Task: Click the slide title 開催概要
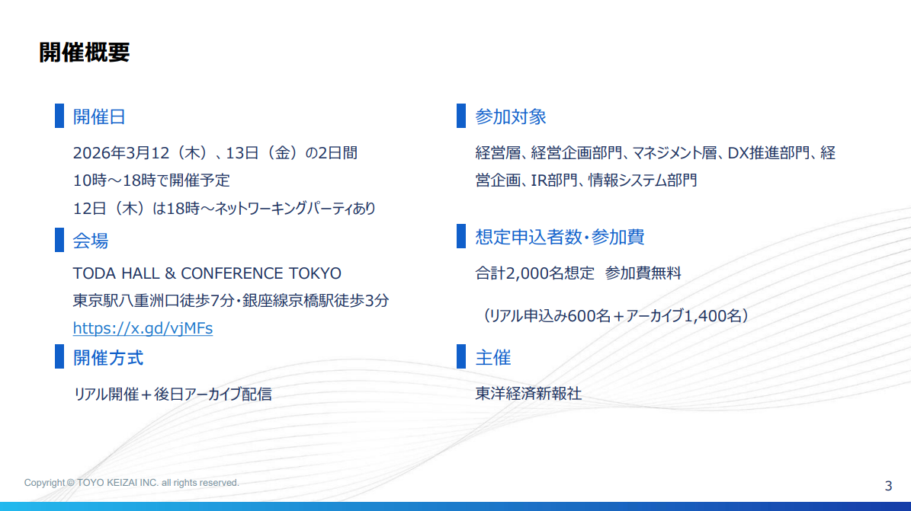[85, 53]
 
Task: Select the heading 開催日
[99, 117]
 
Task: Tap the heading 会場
[90, 241]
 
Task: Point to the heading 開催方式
[108, 358]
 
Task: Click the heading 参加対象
[511, 117]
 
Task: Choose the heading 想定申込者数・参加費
[560, 237]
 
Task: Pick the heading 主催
[492, 357]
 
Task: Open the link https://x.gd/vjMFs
[143, 328]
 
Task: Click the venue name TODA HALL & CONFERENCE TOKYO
[207, 273]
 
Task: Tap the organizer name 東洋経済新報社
[528, 393]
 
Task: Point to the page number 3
[888, 486]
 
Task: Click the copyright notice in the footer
[131, 483]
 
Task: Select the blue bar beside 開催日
[59, 116]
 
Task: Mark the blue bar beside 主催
[461, 356]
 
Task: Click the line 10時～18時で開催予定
[151, 180]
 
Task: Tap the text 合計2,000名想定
[534, 273]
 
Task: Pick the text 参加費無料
[643, 273]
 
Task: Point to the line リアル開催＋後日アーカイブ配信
[172, 394]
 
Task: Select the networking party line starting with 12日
[224, 208]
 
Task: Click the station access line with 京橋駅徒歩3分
[231, 300]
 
